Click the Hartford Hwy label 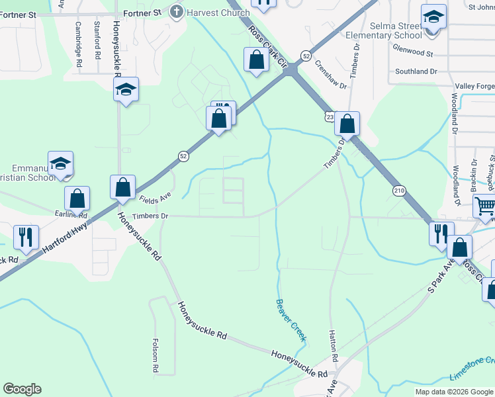[x=62, y=238]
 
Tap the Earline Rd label [x=71, y=214]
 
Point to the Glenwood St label [x=412, y=50]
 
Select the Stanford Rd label [x=97, y=38]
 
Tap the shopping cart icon [x=485, y=208]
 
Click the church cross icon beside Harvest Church [x=176, y=11]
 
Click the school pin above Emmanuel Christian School [x=60, y=165]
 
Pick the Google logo [x=22, y=389]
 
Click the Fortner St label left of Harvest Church [x=144, y=13]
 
